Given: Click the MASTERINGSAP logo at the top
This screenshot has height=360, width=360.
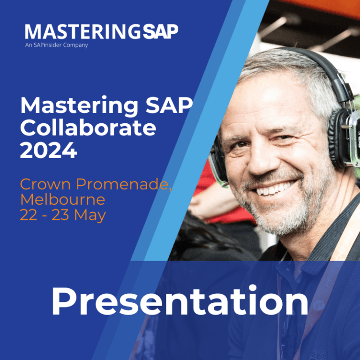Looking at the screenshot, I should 101,32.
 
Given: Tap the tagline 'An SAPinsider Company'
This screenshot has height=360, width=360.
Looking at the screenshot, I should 56,45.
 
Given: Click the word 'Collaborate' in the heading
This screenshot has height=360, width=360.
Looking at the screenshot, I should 88,128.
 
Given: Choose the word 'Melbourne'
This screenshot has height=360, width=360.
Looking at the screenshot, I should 62,200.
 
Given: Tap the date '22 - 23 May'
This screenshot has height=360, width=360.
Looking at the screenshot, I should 62,215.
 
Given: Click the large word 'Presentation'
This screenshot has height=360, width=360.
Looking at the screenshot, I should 180,301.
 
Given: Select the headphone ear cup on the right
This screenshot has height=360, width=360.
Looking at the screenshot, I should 345,136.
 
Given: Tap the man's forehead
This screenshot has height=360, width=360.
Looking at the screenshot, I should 272,98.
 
